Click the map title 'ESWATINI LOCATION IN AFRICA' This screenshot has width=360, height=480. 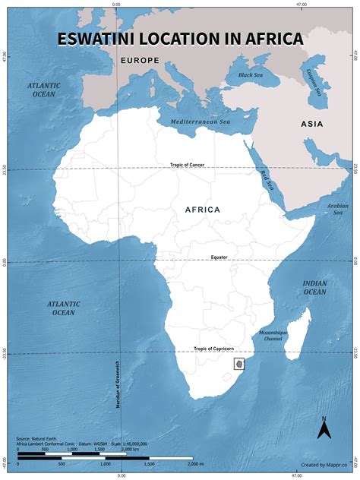coord(180,39)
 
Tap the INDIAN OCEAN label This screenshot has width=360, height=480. coord(314,287)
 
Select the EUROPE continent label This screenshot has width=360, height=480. coord(138,59)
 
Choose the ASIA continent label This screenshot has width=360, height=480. coord(311,124)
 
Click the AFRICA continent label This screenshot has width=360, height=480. coord(202,209)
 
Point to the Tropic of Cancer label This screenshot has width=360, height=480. coord(187,165)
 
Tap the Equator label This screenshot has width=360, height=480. coord(219,257)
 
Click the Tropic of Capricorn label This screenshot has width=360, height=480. coord(213,349)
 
